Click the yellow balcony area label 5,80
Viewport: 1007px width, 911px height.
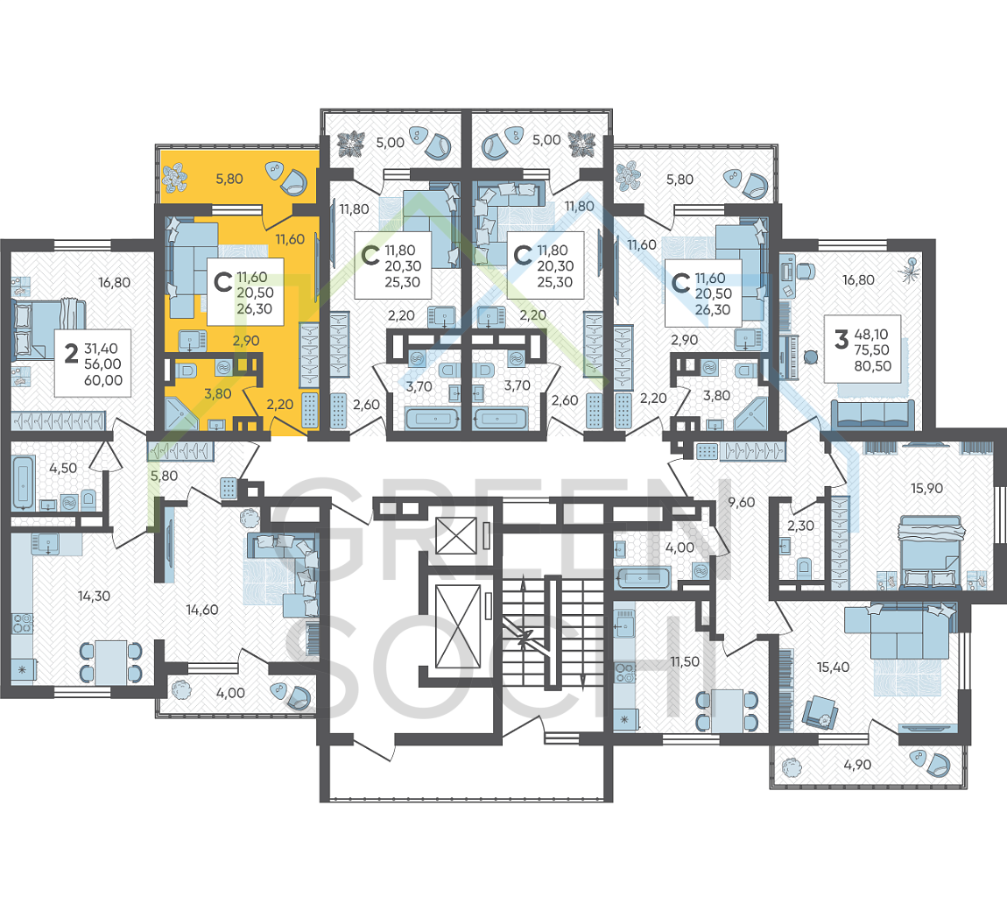229,180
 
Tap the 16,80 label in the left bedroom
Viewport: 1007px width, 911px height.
115,283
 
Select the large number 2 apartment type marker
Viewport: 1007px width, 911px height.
71,353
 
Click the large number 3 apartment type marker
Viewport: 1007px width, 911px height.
842,339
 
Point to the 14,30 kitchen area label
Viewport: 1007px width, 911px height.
94,597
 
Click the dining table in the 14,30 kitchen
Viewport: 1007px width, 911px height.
111,661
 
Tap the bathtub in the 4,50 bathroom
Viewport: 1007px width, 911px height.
23,483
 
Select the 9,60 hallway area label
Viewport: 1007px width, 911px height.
741,503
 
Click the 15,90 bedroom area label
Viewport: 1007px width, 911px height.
926,488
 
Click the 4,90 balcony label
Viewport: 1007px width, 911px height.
857,766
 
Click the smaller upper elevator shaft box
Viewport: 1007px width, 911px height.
456,535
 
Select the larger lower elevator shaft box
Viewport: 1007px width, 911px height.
458,626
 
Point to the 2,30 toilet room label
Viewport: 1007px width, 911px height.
801,526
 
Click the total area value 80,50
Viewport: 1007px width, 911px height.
872,366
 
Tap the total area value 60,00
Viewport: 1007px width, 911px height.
102,380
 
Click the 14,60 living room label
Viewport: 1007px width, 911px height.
202,610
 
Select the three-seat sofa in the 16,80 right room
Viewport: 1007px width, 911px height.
873,413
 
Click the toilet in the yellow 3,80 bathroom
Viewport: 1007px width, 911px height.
187,370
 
